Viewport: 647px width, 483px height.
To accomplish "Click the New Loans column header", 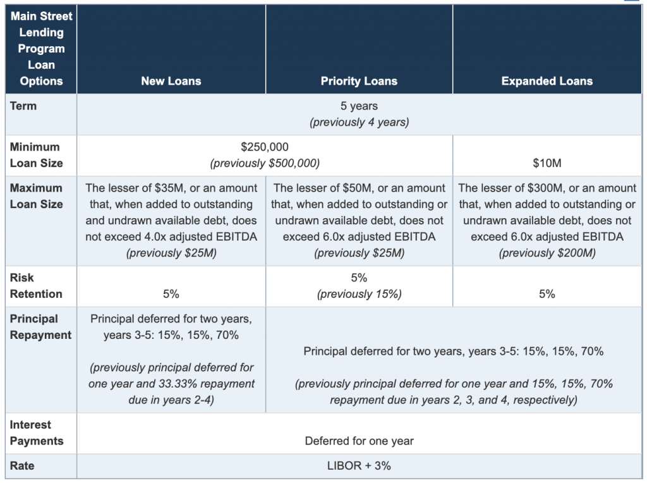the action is [x=171, y=81].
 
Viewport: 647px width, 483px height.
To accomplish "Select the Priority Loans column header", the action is [x=359, y=81].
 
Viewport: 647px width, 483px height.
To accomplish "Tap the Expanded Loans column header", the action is [x=547, y=81].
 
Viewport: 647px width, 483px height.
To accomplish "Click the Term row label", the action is [x=23, y=106].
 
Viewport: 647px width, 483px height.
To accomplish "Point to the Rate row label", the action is [x=22, y=466].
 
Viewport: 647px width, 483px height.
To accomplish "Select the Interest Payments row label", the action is [x=36, y=432].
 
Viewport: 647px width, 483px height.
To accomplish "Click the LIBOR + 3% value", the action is [x=359, y=466].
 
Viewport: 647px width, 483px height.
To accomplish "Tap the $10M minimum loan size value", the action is [x=547, y=163].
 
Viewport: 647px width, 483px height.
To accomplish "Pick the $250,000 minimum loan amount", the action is [x=265, y=147].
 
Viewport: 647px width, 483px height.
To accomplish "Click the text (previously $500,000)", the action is [x=265, y=163].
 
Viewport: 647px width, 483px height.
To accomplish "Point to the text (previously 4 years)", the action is [x=359, y=122].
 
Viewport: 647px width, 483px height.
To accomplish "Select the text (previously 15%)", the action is [x=359, y=294].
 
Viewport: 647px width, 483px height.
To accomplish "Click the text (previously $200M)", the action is [x=547, y=253].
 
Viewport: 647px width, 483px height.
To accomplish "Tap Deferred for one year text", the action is [x=359, y=441].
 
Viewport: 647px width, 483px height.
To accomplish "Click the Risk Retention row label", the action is [x=36, y=286].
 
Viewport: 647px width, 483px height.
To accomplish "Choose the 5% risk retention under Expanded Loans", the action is [x=547, y=294].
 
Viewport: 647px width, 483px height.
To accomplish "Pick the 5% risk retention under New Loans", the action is [x=171, y=294].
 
